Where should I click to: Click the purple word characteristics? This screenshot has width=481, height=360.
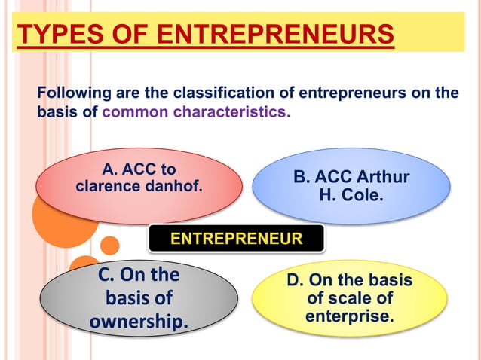click(232, 113)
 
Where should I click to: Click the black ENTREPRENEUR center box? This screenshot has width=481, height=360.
click(236, 239)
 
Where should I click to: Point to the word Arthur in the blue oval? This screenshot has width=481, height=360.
click(382, 178)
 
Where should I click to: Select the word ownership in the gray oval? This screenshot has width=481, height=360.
click(139, 322)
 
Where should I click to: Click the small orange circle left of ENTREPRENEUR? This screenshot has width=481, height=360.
click(110, 245)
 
